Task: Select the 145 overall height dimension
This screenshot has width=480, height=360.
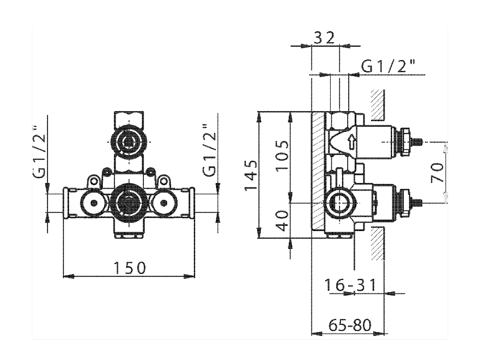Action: coord(251,174)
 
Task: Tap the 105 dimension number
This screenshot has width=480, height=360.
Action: coord(282,156)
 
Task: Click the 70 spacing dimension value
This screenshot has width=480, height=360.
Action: coord(438,172)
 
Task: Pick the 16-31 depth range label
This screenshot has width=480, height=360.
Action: coord(349,285)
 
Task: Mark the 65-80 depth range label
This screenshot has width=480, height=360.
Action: coord(349,325)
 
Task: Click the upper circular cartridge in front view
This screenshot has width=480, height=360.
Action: coord(128,142)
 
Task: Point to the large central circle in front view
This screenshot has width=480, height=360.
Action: coord(128,203)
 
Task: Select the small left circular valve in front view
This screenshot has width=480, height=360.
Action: coord(93,203)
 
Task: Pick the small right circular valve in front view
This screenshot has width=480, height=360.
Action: coord(163,203)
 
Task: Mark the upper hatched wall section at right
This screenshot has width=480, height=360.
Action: coord(377,105)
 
